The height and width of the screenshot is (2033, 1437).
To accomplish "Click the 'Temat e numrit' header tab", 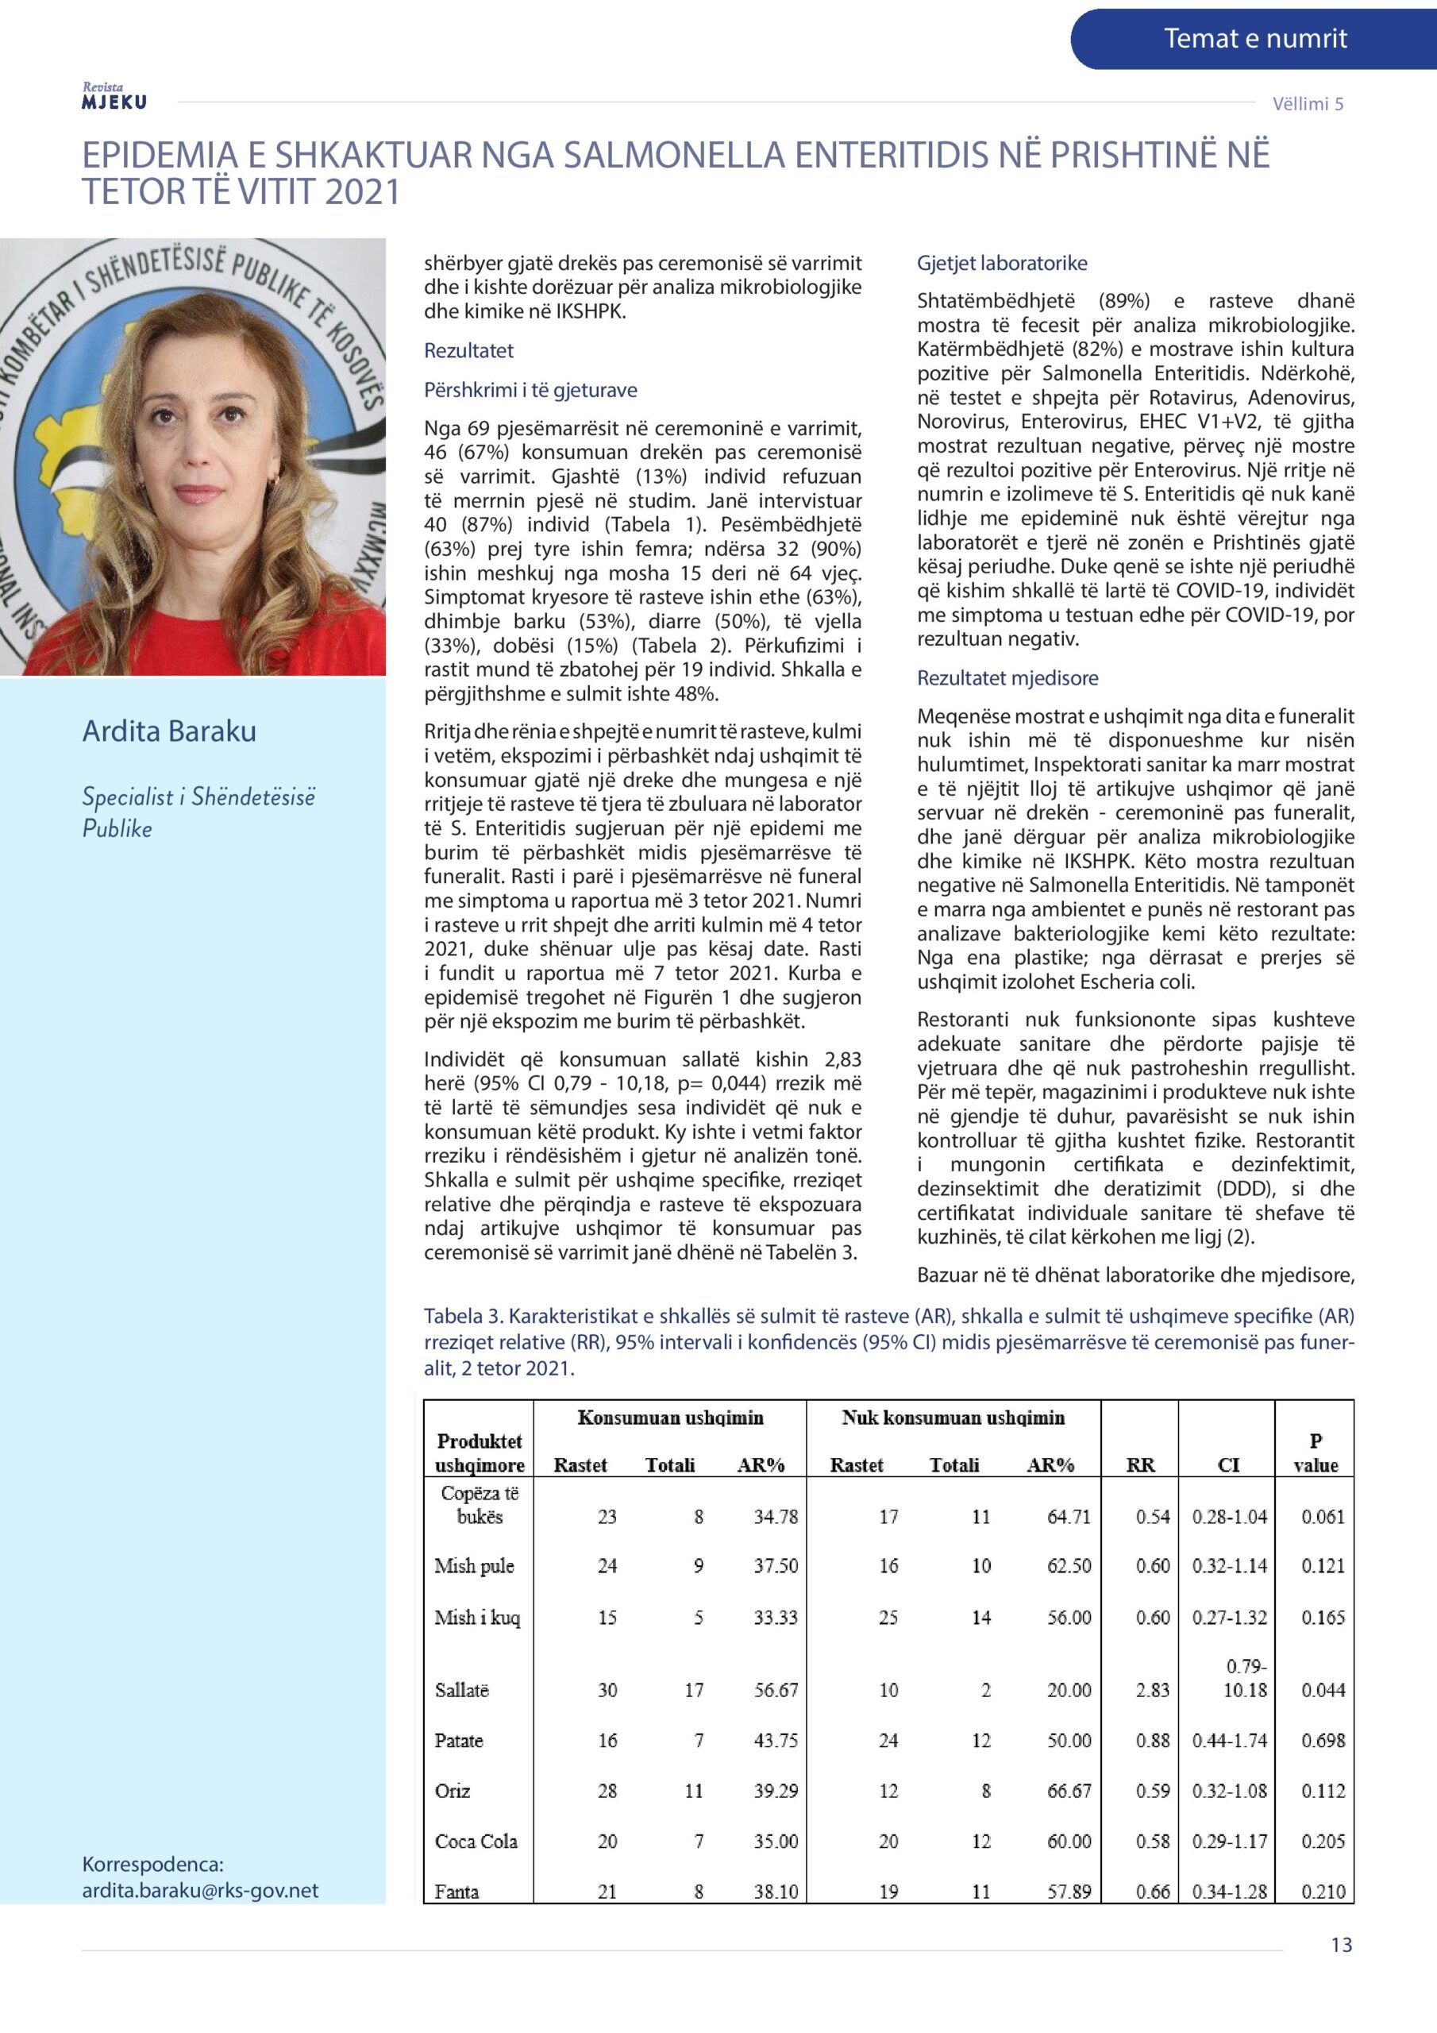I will (1254, 39).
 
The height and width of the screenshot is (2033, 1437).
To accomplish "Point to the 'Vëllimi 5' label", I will (1308, 103).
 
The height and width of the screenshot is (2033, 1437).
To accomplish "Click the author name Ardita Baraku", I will (169, 731).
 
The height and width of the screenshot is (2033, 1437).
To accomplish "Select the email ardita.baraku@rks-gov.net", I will (200, 1890).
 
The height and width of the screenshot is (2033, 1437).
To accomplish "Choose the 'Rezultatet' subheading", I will (468, 351).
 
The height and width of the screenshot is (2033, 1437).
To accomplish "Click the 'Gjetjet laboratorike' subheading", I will (1001, 263).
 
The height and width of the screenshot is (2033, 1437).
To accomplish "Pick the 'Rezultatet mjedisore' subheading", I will (1007, 678).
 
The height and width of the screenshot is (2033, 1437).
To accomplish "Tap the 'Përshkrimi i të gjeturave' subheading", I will (530, 391).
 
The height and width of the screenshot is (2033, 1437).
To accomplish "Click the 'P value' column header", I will (1315, 1453).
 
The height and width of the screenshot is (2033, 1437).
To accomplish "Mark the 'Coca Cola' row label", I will (476, 1842).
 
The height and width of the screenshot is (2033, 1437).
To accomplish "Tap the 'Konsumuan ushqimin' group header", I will (670, 1418).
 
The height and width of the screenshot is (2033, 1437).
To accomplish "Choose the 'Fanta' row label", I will (456, 1892).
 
